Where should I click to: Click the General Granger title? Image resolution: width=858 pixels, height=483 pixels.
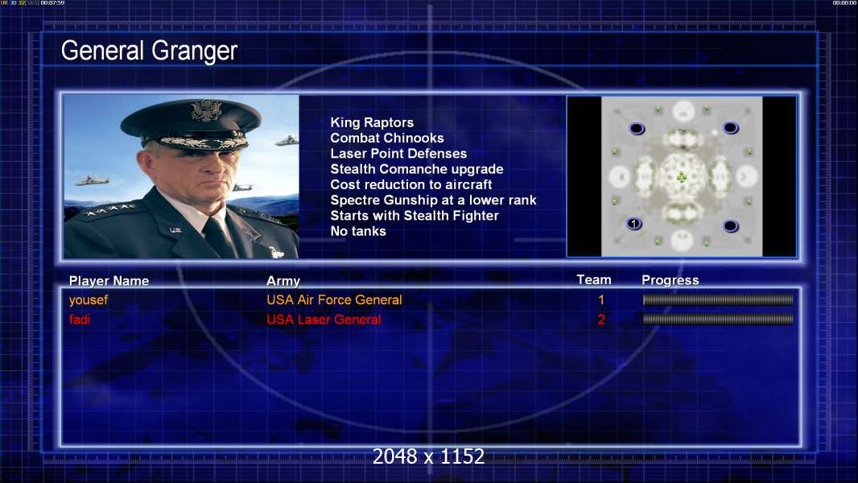point(149,51)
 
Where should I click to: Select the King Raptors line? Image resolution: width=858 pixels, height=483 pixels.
point(372,122)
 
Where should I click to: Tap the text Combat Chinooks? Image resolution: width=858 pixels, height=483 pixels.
point(387,138)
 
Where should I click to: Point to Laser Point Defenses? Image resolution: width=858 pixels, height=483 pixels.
point(398,154)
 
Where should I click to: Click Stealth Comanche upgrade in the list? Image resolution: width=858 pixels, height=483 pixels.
point(416,170)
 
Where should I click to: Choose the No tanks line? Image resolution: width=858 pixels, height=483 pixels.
point(358,231)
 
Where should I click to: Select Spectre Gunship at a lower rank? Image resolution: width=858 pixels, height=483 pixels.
point(433,200)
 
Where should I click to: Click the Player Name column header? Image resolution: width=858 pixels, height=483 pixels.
point(109,281)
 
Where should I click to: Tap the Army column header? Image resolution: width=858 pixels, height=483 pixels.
point(283,281)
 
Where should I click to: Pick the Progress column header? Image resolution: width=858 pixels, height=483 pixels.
point(670,281)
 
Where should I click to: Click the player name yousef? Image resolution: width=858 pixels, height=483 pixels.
point(89,300)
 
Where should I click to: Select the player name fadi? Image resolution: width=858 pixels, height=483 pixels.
point(80,320)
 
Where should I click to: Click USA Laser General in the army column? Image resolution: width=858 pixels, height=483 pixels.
point(324,320)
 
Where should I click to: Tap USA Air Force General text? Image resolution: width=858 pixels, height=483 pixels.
point(334,299)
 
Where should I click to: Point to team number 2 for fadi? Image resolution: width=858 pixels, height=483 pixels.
point(601,320)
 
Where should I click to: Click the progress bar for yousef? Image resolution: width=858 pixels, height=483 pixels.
point(718,299)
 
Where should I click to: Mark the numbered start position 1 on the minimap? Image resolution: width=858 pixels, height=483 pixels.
point(633,224)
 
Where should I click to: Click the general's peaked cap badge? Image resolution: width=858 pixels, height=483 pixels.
point(206,110)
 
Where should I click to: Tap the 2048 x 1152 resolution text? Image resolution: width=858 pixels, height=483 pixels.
point(429,456)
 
